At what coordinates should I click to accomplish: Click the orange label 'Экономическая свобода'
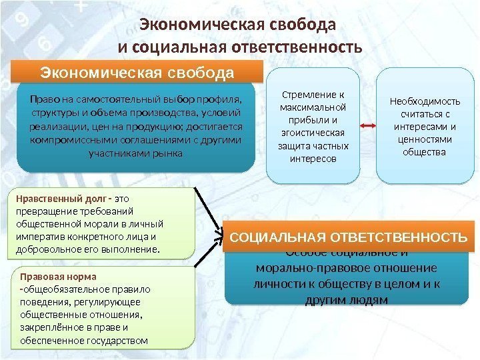(137, 71)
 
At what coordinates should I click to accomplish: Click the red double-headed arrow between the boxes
(366, 125)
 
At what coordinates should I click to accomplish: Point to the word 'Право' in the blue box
(41, 100)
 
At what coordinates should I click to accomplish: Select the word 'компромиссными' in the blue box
(67, 141)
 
